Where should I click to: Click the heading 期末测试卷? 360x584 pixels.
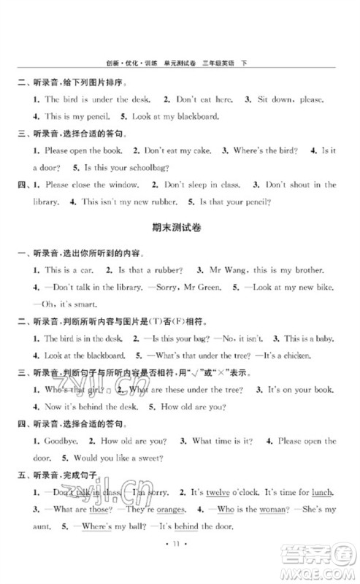(x=180, y=227)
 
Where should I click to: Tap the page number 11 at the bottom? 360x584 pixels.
(x=180, y=563)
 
